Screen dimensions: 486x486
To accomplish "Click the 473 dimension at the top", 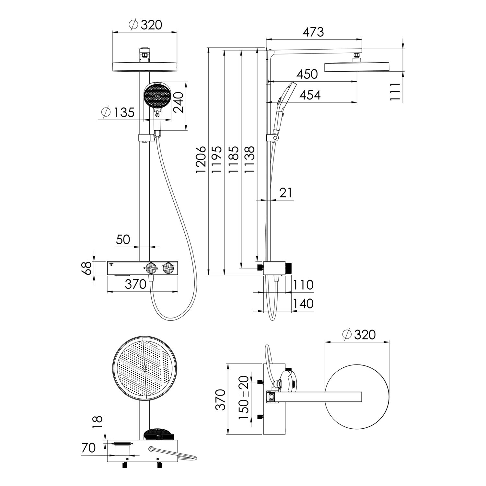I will [313, 32].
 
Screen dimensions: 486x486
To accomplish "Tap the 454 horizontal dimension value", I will [310, 95].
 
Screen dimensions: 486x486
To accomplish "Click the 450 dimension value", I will [307, 74].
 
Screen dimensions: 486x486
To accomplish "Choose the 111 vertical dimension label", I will [395, 92].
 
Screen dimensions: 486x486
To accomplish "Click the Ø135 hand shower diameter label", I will [118, 112].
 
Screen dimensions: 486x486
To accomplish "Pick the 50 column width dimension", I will [123, 239].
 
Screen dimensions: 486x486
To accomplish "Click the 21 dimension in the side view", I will [285, 193].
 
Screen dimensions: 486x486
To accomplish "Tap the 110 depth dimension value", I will [303, 285].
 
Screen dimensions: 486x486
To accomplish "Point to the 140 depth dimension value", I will [303, 304].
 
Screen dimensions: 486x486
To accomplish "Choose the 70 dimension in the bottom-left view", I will [88, 448].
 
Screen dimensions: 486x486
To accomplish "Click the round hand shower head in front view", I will [157, 96].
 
